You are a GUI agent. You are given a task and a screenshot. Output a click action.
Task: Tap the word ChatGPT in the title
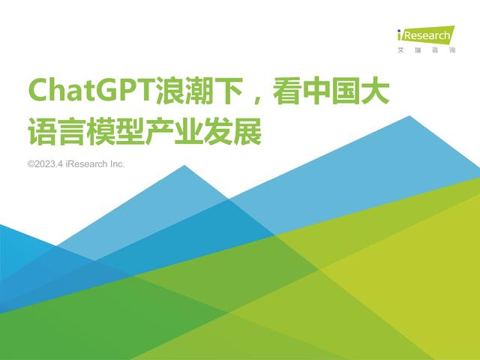tap(91, 91)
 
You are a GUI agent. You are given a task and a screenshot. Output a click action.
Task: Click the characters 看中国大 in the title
tap(331, 91)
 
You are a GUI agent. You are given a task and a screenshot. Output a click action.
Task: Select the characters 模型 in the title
tap(115, 131)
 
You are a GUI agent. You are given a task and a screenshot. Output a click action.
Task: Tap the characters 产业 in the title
tap(174, 131)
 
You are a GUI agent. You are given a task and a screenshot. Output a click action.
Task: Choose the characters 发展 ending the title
tap(232, 131)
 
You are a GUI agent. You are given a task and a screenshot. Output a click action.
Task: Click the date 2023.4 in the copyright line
tap(49, 164)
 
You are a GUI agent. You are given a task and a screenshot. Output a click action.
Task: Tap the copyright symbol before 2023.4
tap(31, 164)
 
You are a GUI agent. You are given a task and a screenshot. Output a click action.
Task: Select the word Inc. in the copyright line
tap(117, 164)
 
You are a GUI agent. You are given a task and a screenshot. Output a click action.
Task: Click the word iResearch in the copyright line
tap(86, 164)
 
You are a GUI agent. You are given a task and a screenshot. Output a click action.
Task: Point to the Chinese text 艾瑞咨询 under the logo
tap(427, 50)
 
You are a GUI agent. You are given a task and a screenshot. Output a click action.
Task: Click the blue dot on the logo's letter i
tap(399, 31)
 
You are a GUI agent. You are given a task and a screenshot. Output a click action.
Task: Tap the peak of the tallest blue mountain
tap(409, 116)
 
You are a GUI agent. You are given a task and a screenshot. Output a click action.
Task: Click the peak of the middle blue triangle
tap(184, 166)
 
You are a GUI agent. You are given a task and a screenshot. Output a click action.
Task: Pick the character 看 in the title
tap(286, 91)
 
